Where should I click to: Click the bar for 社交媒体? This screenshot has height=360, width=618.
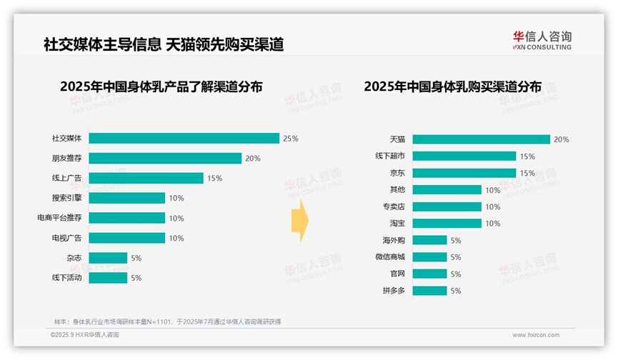tap(184, 138)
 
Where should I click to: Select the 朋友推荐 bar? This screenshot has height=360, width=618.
tap(165, 158)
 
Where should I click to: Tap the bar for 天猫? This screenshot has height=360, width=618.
tap(481, 139)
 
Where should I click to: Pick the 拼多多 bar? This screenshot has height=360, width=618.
tap(429, 291)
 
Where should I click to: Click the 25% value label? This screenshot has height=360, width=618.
tap(290, 138)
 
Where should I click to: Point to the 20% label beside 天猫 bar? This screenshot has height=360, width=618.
tap(562, 139)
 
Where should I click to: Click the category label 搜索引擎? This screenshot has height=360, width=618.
tap(67, 198)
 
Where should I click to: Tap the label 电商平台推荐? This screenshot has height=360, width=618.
tap(61, 218)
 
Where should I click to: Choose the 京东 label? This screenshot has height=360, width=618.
tap(397, 173)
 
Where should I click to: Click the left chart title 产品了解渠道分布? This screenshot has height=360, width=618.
tap(161, 86)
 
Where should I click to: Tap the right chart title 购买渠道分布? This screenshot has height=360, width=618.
tap(452, 86)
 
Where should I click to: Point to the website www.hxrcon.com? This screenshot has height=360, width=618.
tap(535, 334)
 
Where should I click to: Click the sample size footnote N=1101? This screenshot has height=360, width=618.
tap(167, 321)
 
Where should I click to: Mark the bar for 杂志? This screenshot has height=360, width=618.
tap(108, 258)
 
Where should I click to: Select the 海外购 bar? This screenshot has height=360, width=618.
tap(429, 240)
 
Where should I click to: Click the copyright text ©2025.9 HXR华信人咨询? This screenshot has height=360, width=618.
tap(84, 334)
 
